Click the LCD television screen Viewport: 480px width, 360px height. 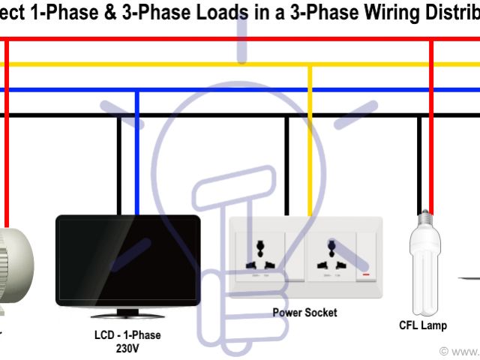pos(127,259)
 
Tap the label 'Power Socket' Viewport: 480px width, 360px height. pos(304,312)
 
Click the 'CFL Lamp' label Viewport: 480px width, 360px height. pos(423,325)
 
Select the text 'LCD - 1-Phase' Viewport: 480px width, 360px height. pos(122,335)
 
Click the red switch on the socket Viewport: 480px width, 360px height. pos(367,275)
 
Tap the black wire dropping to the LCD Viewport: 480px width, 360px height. pos(118,165)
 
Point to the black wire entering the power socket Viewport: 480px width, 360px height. pos(286,165)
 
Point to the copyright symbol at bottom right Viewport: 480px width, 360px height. pos(444,351)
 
